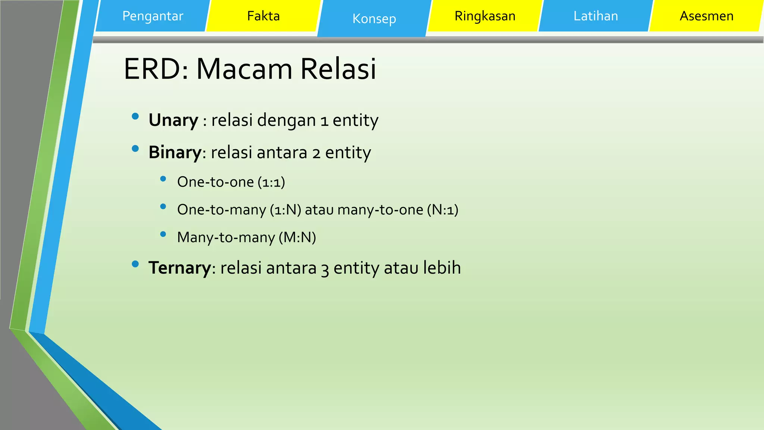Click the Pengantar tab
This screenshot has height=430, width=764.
(153, 16)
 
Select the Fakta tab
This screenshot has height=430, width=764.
(263, 16)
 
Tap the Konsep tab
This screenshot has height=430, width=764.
(374, 19)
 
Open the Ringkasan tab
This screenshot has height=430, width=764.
(485, 16)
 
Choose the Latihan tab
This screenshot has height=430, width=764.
(596, 16)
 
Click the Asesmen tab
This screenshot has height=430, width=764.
(707, 16)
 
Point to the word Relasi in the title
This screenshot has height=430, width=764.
(338, 69)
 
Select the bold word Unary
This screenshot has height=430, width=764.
(173, 121)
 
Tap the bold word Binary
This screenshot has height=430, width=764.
(175, 153)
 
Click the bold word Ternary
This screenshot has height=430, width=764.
(180, 268)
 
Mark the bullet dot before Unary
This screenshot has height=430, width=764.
(135, 116)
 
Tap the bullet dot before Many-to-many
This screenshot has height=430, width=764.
(163, 234)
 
